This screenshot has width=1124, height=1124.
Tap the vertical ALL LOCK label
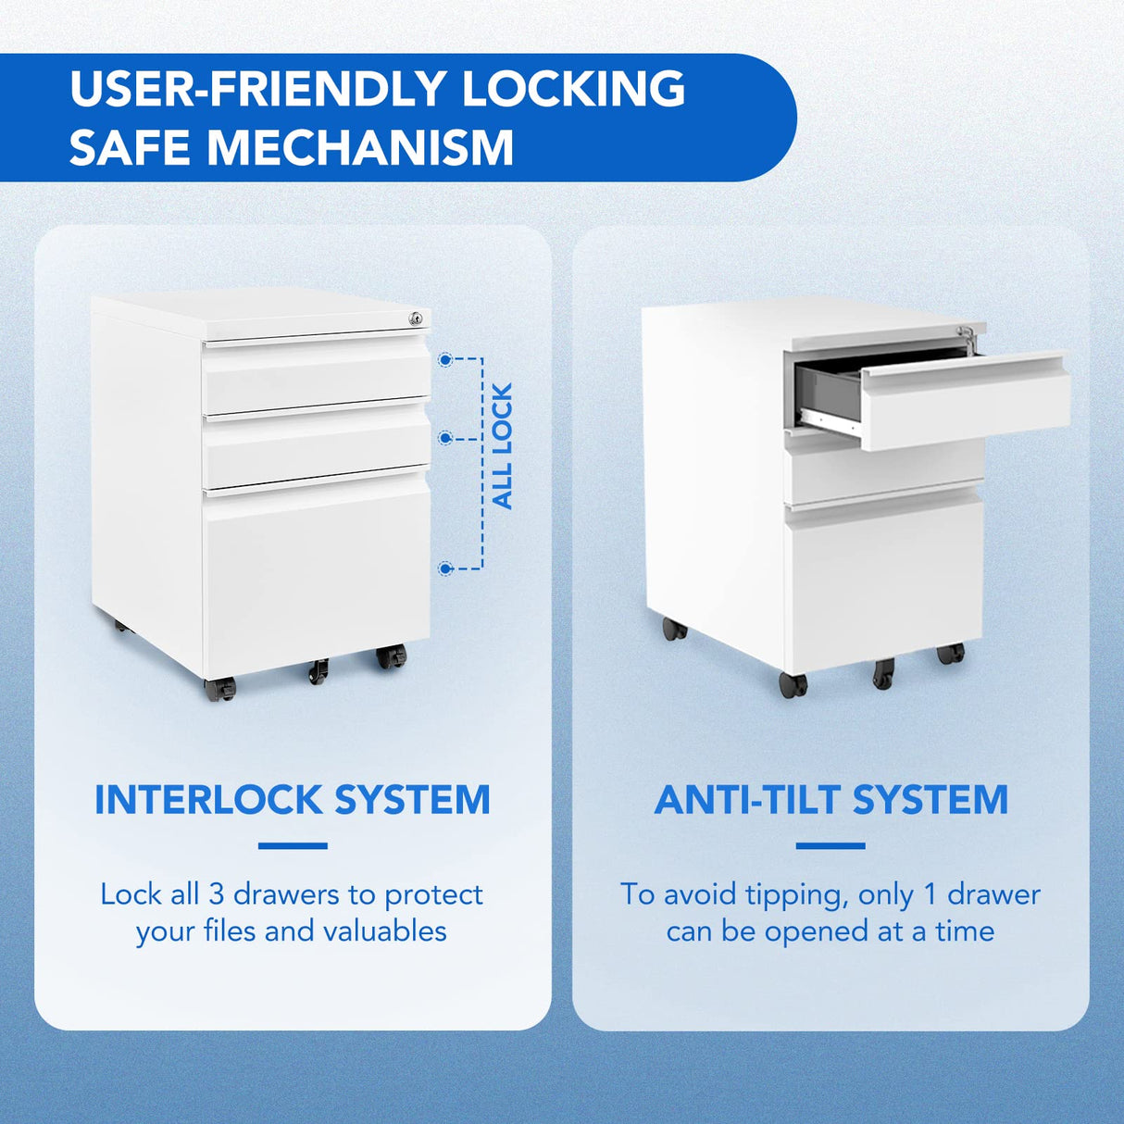pos(502,446)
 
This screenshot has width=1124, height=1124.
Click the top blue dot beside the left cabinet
pos(445,359)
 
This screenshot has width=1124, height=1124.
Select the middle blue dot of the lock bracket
pos(445,437)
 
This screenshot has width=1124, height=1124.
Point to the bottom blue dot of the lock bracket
pos(445,568)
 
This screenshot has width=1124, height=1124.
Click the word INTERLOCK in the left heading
pos(208,800)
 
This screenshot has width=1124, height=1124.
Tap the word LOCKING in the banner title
pos(573,89)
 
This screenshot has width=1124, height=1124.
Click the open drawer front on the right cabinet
pos(968,401)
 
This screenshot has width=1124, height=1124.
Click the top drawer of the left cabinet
pos(317,375)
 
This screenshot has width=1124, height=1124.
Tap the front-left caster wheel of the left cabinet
pos(220,688)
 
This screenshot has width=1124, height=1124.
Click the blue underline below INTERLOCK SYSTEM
pos(293,845)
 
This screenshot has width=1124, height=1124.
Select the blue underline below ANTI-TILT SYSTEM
pos(831,845)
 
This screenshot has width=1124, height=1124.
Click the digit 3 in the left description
pos(216,894)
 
